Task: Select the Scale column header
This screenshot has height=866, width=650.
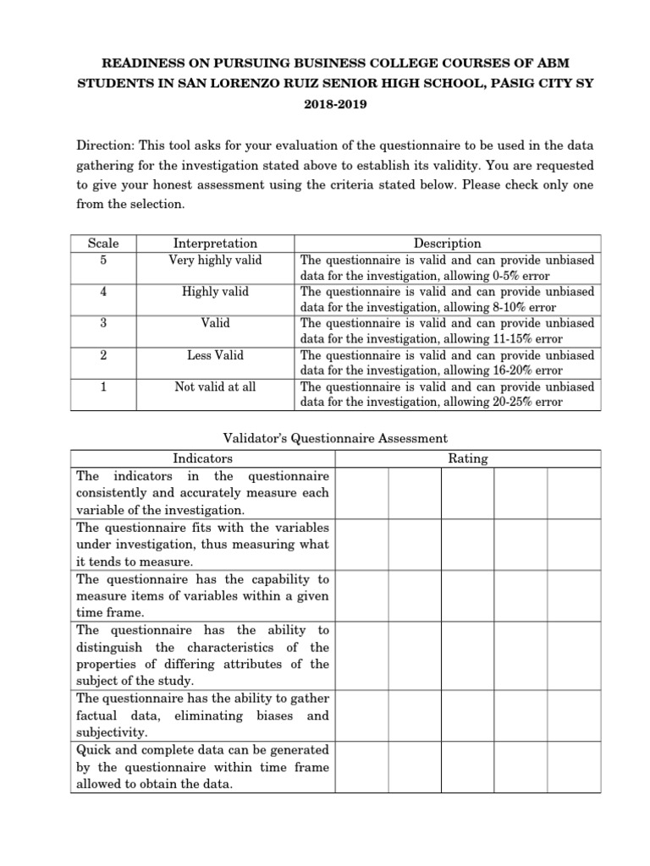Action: tap(103, 244)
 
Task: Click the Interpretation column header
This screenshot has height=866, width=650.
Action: tap(215, 244)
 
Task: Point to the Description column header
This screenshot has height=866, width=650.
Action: tap(448, 244)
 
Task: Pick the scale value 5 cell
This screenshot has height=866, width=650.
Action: tap(103, 260)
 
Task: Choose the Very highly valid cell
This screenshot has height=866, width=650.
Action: tap(215, 260)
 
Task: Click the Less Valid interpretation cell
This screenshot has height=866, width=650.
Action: tap(215, 355)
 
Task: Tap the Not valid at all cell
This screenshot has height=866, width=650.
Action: tap(215, 386)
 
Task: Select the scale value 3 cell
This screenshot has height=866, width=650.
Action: tap(103, 323)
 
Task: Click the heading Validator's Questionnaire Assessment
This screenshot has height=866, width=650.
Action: tap(334, 438)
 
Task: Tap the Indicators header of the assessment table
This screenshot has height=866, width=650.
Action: tap(202, 458)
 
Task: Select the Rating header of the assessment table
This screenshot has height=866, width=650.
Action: tap(467, 458)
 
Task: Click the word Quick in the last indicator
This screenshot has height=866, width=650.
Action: tap(95, 750)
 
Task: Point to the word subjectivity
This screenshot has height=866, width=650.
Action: tap(112, 732)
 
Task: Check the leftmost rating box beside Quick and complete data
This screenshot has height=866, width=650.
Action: tap(361, 767)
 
